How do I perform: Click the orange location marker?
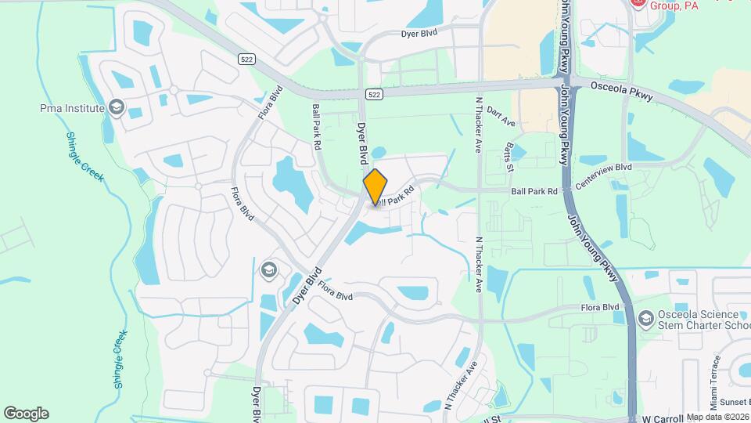click(x=375, y=187)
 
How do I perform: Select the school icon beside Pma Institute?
click(x=117, y=107)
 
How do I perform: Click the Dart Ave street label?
click(x=501, y=117)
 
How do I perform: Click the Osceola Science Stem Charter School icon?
click(x=645, y=318)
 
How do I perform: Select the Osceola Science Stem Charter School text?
click(x=701, y=319)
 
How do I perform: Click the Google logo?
click(x=26, y=414)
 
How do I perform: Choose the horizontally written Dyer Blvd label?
click(x=418, y=34)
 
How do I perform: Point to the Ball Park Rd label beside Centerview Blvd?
click(x=534, y=190)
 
